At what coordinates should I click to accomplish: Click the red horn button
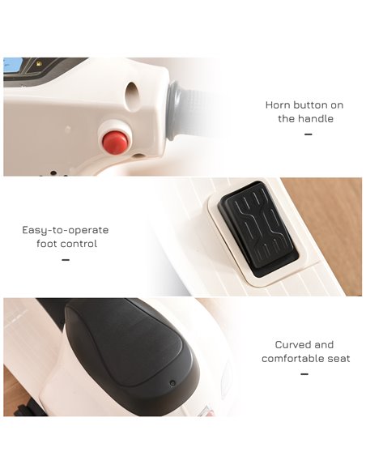coord(115,143)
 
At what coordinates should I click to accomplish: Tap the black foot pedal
coord(258,228)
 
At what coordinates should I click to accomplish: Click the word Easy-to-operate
coord(66,231)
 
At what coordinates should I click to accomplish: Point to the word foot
coord(46,244)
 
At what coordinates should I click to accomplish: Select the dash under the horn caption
coord(309,134)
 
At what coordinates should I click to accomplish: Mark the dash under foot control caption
coord(66,260)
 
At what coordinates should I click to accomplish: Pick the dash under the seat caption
coord(304,374)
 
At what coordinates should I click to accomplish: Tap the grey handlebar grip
coord(187,111)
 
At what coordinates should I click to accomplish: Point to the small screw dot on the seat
coord(172,383)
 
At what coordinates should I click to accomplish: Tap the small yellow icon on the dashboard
coord(38,63)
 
